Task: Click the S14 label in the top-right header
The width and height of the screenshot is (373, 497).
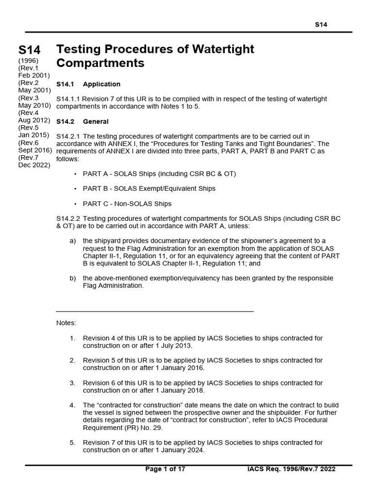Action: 321,24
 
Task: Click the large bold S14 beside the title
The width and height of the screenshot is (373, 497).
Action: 29,50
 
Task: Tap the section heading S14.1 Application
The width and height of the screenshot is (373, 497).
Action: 88,84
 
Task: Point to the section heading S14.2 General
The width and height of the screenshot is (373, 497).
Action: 83,121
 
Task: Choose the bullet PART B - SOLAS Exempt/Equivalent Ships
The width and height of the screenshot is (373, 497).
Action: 149,188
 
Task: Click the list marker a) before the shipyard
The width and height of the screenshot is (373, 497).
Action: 73,241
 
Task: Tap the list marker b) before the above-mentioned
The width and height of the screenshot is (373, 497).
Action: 73,278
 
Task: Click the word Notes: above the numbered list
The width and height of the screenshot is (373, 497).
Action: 66,323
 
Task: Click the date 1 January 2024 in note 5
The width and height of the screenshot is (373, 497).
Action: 177,450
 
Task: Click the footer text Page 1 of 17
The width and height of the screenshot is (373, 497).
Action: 165,469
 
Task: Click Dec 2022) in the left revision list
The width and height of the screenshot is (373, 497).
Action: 34,165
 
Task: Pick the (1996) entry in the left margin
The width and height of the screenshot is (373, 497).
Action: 28,60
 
